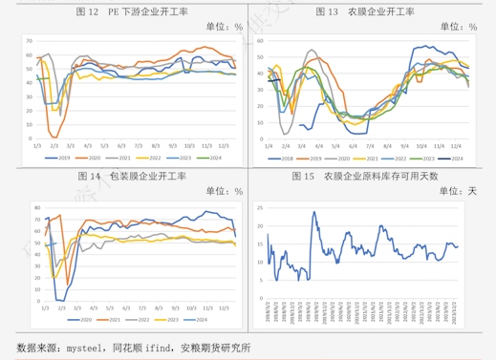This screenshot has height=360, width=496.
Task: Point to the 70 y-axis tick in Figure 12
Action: click(x=30, y=41)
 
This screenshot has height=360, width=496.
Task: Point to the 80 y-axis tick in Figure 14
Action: click(x=36, y=207)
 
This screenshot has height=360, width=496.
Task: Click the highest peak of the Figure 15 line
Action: click(x=313, y=212)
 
